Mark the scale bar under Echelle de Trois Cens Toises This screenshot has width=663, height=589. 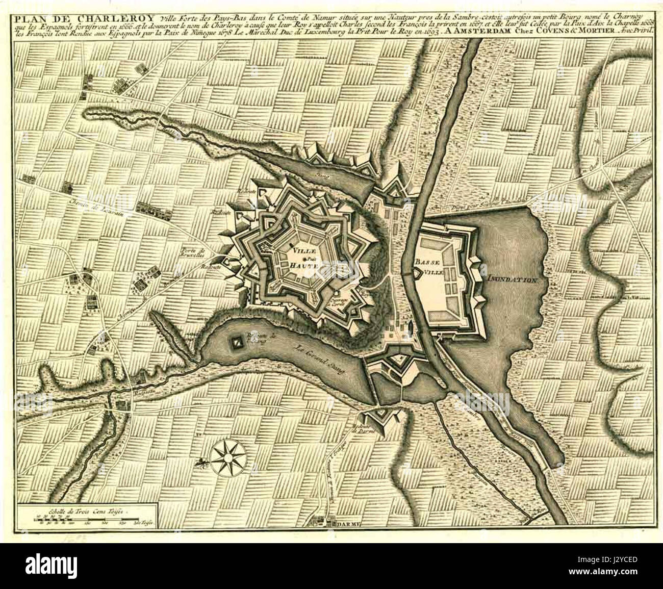[87, 519]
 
